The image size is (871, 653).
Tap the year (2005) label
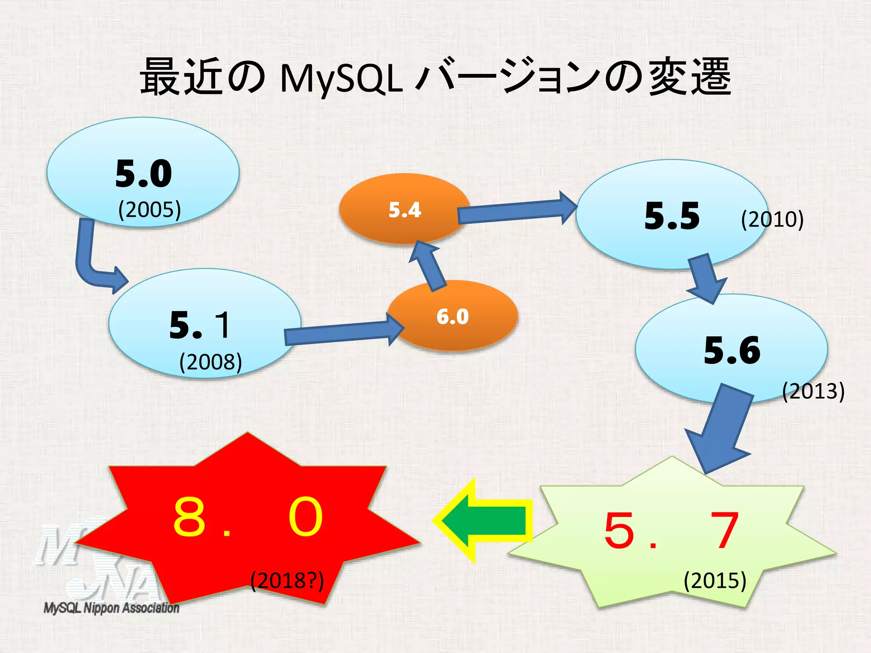[x=149, y=210]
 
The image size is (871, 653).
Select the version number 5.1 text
[x=200, y=325]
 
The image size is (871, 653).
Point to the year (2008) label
[x=211, y=362]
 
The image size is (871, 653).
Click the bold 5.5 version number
[x=672, y=216]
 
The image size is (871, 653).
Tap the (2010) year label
[x=772, y=219]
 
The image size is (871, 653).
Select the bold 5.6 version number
[x=732, y=351]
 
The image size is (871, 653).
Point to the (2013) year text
[x=813, y=391]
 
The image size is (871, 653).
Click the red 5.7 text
[x=671, y=531]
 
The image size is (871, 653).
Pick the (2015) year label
[x=715, y=581]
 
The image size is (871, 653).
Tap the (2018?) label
[x=287, y=581]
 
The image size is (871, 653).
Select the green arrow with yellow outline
[x=485, y=521]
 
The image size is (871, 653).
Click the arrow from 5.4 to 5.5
[x=517, y=211]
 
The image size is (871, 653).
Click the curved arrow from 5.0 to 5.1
[x=91, y=264]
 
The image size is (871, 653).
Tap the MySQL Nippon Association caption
[x=111, y=608]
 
